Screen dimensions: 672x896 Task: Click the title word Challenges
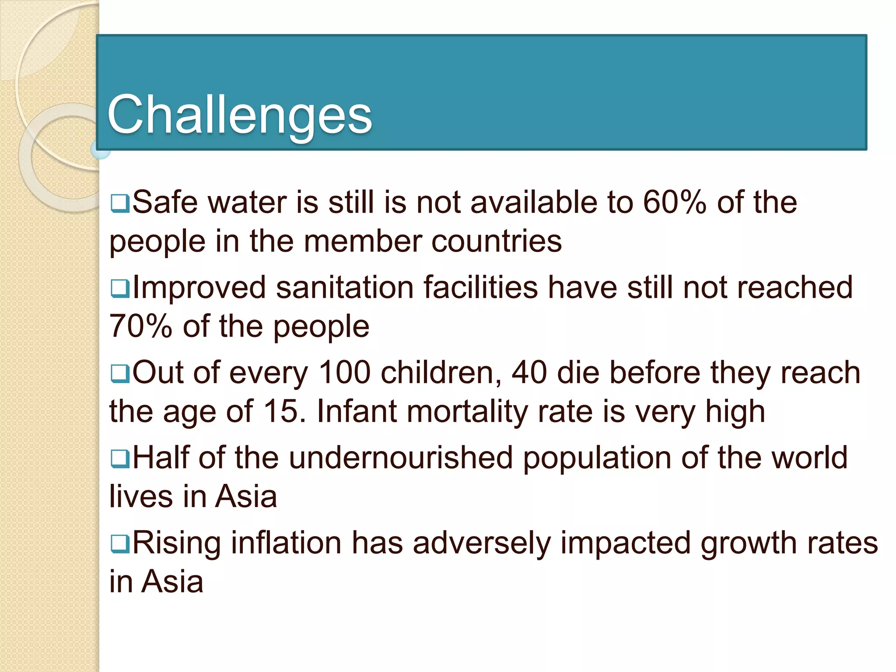(239, 115)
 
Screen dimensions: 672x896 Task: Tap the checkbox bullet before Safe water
(119, 203)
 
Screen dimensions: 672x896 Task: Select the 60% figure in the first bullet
(674, 202)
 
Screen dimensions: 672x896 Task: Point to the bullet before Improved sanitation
(119, 288)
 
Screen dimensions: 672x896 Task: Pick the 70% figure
(140, 326)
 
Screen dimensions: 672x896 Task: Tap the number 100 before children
(344, 373)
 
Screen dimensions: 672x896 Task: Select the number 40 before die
(529, 373)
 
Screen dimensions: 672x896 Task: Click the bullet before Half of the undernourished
(119, 458)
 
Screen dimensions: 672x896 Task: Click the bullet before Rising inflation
(119, 543)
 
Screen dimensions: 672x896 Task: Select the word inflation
(286, 542)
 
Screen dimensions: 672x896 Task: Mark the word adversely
(481, 543)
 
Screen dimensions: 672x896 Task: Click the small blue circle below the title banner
(100, 150)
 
